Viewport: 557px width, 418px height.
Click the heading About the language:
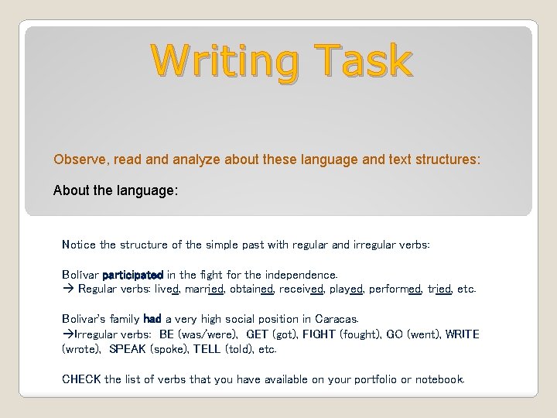point(115,190)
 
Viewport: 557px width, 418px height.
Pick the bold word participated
point(132,275)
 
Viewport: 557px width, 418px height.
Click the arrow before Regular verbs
point(67,290)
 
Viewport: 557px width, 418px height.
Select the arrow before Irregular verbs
point(67,334)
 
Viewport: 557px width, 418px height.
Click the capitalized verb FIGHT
point(320,334)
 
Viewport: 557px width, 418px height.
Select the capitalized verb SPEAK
point(128,349)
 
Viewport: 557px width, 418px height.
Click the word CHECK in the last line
point(81,379)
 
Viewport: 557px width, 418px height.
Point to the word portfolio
point(365,379)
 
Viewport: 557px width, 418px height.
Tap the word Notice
point(78,245)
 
